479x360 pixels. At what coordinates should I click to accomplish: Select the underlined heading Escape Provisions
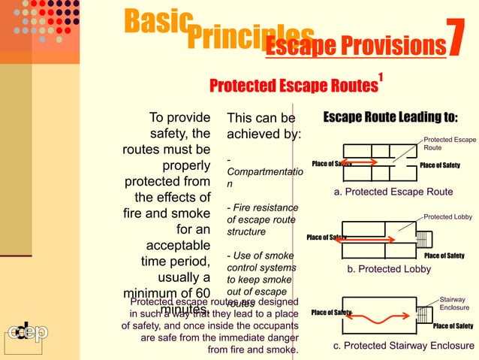click(355, 47)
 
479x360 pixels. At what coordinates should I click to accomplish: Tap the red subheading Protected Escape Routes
click(293, 86)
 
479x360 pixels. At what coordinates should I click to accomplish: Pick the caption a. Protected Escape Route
click(393, 192)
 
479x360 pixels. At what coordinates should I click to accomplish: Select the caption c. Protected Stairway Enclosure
click(404, 346)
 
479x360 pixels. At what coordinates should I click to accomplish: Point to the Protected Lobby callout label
click(448, 216)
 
